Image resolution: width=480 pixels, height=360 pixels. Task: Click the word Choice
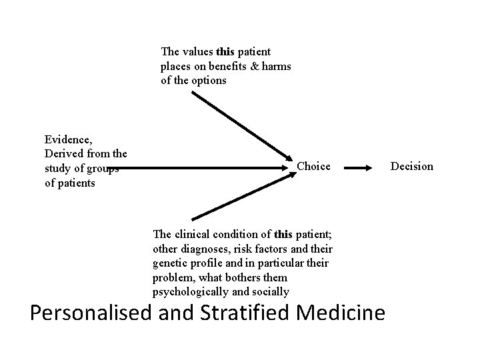click(313, 166)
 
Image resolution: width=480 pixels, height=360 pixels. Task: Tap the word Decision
click(412, 166)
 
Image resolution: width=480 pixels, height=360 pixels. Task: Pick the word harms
click(276, 66)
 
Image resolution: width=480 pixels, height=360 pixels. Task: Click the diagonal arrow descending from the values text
click(240, 127)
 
